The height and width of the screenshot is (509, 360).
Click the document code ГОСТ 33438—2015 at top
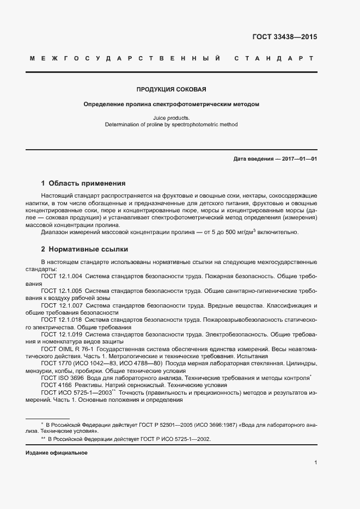284,37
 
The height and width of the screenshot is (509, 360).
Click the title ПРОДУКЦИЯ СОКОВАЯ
171,89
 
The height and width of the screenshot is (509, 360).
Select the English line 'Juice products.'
171,118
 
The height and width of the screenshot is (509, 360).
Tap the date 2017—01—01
298,158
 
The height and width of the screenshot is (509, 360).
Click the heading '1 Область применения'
83,183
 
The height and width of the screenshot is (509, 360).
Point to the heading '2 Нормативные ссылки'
84,249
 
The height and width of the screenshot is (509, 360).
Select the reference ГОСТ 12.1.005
62,291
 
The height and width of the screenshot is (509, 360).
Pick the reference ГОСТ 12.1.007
62,306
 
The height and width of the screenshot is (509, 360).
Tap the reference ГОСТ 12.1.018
62,320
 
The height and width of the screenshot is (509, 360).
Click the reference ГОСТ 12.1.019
62,335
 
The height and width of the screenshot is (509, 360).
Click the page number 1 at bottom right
315,463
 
